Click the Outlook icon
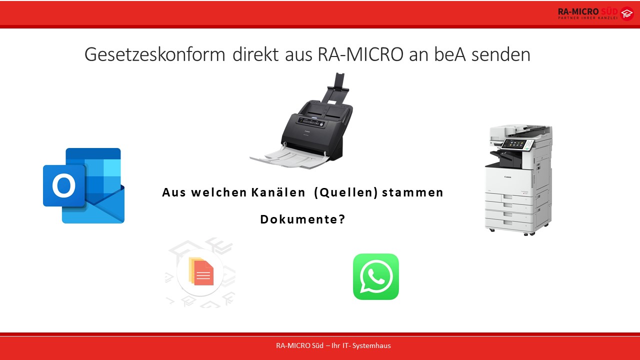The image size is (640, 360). tap(83, 185)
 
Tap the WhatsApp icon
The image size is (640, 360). tap(375, 276)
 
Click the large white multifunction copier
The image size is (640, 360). tap(518, 180)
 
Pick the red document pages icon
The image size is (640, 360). tap(201, 271)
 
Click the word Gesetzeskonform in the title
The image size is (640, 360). tap(155, 54)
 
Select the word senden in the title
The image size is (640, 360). tap(500, 54)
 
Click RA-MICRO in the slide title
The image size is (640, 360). tap(360, 54)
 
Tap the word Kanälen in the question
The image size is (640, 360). tap(278, 192)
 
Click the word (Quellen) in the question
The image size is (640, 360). tap(346, 193)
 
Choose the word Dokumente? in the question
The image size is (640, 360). tap(303, 219)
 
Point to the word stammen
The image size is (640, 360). tap(412, 193)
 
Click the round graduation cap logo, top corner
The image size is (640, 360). tap(627, 13)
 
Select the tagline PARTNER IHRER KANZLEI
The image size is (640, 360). tap(587, 18)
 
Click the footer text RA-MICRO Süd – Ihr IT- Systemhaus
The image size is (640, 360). tap(333, 345)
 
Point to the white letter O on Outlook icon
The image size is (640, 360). tap(63, 185)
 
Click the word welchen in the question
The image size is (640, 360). tap(219, 192)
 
